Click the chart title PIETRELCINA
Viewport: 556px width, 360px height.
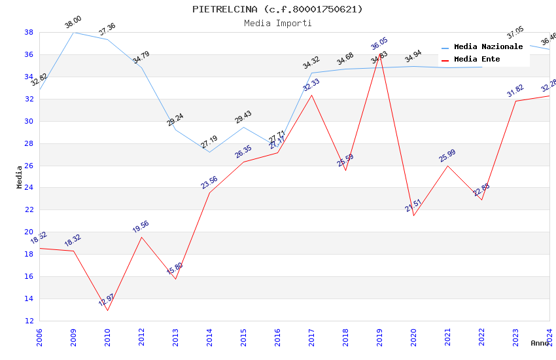pos(277,9)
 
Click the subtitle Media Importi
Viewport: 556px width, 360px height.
pos(277,23)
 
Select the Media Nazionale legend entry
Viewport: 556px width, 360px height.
pos(488,46)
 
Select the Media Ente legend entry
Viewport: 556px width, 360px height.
pos(477,59)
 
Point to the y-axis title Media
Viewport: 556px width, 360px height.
pos(20,177)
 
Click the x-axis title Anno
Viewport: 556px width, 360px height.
pos(540,343)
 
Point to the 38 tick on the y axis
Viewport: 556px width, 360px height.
pos(29,32)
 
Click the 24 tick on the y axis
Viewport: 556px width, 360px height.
pos(29,188)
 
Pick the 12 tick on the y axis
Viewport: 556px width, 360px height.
pos(29,321)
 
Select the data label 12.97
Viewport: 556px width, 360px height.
pos(106,300)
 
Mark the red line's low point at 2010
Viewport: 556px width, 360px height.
pos(107,310)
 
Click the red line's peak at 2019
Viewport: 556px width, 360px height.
pos(379,54)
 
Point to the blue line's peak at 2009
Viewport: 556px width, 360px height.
pos(73,32)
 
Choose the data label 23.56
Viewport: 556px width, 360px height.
pos(209,183)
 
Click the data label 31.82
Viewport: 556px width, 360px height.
pos(515,91)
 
